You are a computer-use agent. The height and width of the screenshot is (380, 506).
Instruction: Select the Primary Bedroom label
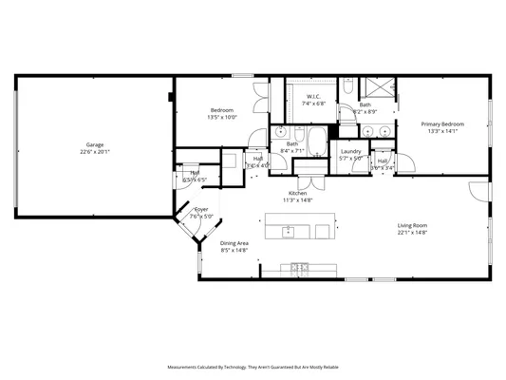[442, 124]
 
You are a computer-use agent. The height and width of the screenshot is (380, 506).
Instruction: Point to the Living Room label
[413, 225]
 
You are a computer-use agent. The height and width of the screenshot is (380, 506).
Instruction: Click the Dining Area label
[234, 243]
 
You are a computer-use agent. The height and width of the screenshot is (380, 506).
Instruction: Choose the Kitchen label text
[296, 193]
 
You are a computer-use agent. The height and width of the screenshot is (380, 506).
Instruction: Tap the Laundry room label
[350, 151]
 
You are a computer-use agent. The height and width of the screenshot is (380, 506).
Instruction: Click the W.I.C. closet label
[313, 96]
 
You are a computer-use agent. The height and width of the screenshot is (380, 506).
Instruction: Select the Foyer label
[201, 209]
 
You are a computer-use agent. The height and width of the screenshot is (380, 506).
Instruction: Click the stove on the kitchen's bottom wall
[299, 268]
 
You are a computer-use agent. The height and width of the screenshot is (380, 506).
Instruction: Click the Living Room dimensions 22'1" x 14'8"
[413, 233]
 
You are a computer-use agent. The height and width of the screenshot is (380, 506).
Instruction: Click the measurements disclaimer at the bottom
[253, 367]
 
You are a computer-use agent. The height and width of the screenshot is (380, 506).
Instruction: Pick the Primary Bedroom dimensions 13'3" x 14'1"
[442, 132]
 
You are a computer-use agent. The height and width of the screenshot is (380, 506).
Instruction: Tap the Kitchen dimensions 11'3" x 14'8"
[296, 200]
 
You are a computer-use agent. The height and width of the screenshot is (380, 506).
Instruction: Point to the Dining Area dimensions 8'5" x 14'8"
[234, 251]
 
